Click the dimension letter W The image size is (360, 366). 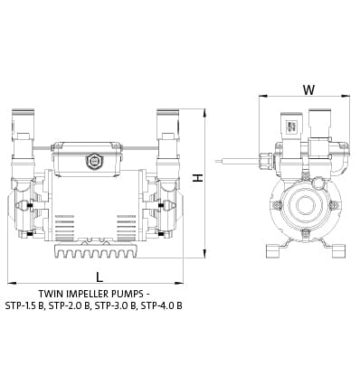point(308,89)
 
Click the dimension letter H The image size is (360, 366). point(198,178)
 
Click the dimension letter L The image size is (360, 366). point(99,277)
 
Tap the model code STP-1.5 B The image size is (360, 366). point(25,306)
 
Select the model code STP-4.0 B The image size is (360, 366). point(162,306)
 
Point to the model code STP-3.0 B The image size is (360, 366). point(116,306)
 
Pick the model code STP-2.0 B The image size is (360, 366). point(70,306)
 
